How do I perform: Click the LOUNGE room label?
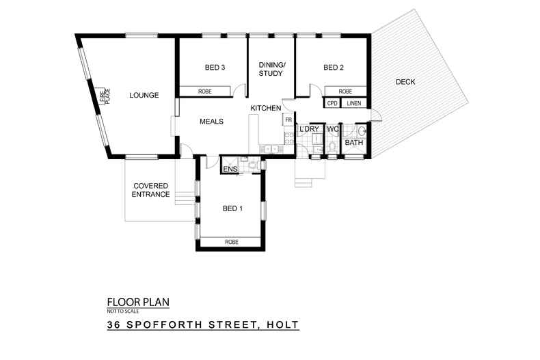(x=144, y=96)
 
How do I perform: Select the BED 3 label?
(x=215, y=68)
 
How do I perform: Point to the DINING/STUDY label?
(x=271, y=69)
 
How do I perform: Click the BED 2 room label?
(x=333, y=68)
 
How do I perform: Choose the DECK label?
(x=405, y=83)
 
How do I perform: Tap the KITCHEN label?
(x=266, y=109)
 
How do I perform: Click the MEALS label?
(x=211, y=122)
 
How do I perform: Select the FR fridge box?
(x=288, y=120)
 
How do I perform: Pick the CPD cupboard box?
(x=332, y=104)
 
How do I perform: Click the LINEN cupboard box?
(x=353, y=104)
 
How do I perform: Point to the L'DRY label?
(x=309, y=129)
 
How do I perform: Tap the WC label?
(x=333, y=129)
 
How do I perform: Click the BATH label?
(x=353, y=143)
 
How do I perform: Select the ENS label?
(x=230, y=169)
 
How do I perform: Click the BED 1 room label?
(x=232, y=208)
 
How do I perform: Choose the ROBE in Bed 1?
(x=230, y=241)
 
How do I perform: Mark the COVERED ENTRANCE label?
(x=151, y=190)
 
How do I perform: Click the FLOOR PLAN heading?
(x=137, y=301)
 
